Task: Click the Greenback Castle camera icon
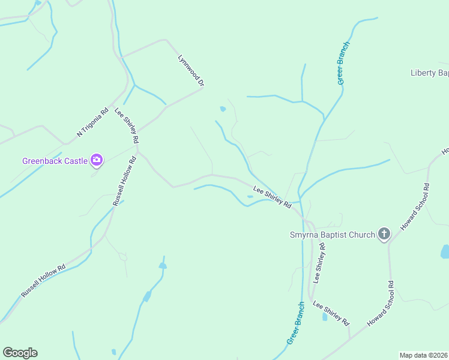click(x=96, y=160)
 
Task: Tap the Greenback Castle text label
click(x=55, y=160)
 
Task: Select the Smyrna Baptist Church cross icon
click(x=384, y=234)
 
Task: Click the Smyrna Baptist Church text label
click(x=331, y=235)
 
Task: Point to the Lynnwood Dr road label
click(x=191, y=71)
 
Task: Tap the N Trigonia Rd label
click(x=92, y=122)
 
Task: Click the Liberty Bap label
click(x=429, y=73)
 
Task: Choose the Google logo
click(x=20, y=353)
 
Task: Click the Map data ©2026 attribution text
click(x=423, y=355)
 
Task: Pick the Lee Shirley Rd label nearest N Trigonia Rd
click(x=127, y=125)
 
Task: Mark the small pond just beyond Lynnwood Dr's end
click(x=223, y=109)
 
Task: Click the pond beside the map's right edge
click(x=445, y=251)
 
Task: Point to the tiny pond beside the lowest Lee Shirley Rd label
click(x=325, y=316)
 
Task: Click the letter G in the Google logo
click(x=8, y=353)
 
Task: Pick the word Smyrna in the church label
click(x=304, y=235)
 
